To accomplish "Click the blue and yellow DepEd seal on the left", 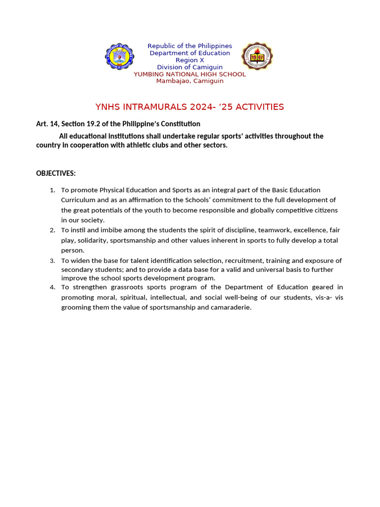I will (119, 56).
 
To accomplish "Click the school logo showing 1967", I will (257, 56).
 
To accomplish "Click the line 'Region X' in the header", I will (190, 60).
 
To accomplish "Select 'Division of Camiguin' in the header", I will (190, 67).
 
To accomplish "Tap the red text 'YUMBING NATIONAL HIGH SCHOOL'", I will (190, 74).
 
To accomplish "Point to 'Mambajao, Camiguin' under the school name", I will (190, 81).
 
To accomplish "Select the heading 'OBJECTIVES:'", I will (56, 173).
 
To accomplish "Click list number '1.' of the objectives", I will (52, 190).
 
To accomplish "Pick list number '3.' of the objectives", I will (52, 260).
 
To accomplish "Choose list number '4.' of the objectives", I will (52, 287).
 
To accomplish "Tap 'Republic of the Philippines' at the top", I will (190, 46).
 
